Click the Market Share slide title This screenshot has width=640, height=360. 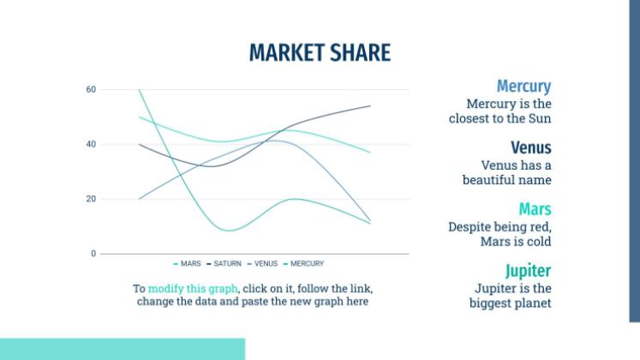(320, 52)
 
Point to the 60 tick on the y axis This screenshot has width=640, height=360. (91, 89)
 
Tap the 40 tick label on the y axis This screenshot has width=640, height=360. (91, 144)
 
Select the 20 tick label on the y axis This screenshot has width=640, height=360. (91, 199)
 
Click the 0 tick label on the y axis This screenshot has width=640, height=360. (93, 254)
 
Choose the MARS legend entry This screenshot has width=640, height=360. (187, 264)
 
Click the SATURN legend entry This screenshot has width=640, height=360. (224, 264)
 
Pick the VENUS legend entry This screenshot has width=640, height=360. (262, 264)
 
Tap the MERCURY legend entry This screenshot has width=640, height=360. (303, 264)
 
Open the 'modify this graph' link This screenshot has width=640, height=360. (193, 289)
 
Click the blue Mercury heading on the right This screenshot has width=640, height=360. (523, 86)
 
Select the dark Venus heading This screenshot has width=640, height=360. (531, 147)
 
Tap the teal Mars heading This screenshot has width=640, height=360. (535, 209)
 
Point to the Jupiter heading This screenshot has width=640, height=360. (528, 271)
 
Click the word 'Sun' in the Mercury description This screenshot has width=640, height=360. (541, 118)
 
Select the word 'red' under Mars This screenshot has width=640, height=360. (542, 226)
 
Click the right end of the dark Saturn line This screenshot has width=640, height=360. (370, 105)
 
